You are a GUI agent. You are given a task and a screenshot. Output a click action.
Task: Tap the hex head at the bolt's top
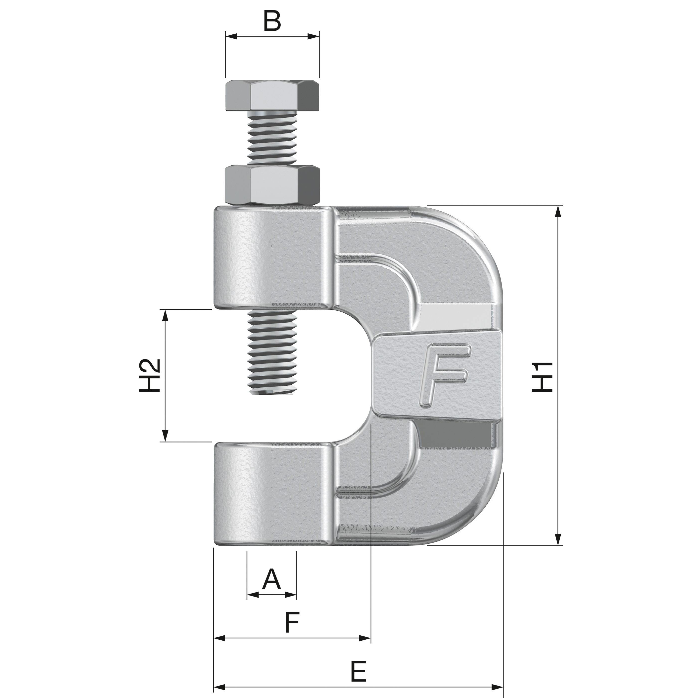tap(272, 96)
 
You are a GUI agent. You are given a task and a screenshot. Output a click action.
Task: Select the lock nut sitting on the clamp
tap(272, 185)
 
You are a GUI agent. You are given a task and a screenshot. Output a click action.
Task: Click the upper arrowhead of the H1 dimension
tap(559, 211)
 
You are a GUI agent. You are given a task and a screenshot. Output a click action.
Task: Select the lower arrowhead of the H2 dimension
tap(165, 435)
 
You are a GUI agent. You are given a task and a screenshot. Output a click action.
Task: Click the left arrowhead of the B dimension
tap(231, 36)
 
